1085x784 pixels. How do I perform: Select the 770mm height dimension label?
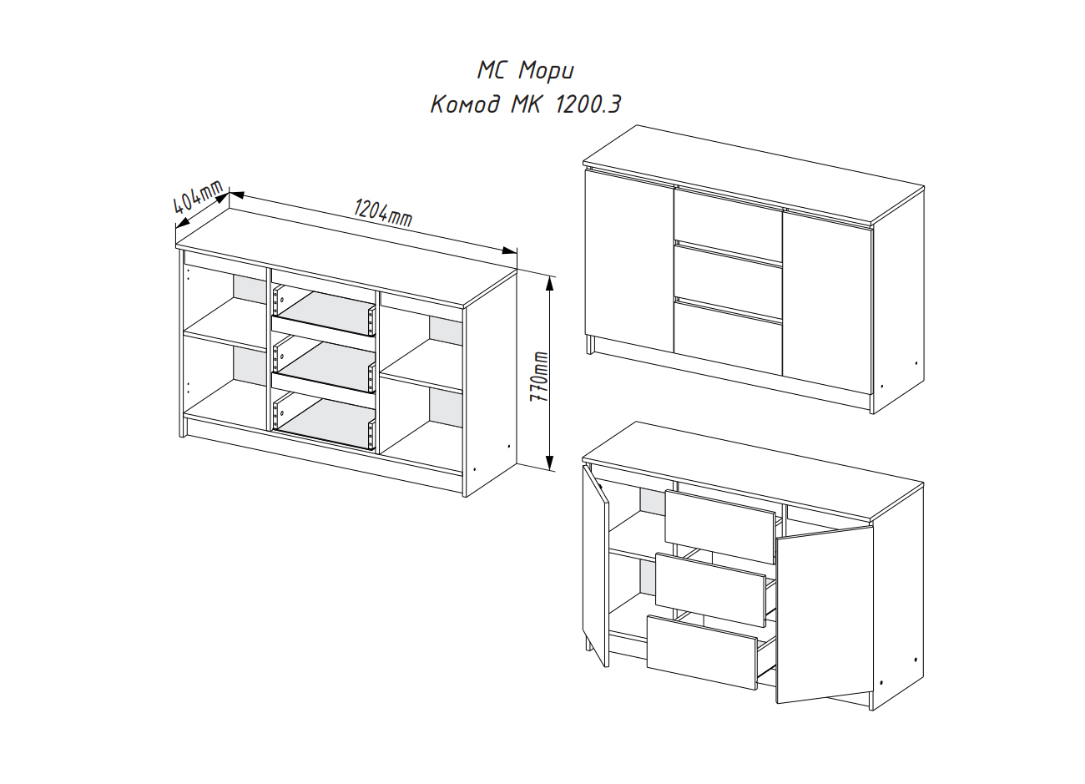tap(542, 376)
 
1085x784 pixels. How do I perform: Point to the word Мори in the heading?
tap(546, 68)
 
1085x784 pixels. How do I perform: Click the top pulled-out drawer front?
tap(719, 527)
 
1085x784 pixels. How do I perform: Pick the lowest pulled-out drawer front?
tap(701, 652)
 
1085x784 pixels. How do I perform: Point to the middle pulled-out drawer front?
tap(710, 589)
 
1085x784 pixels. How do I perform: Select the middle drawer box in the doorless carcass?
tap(324, 365)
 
